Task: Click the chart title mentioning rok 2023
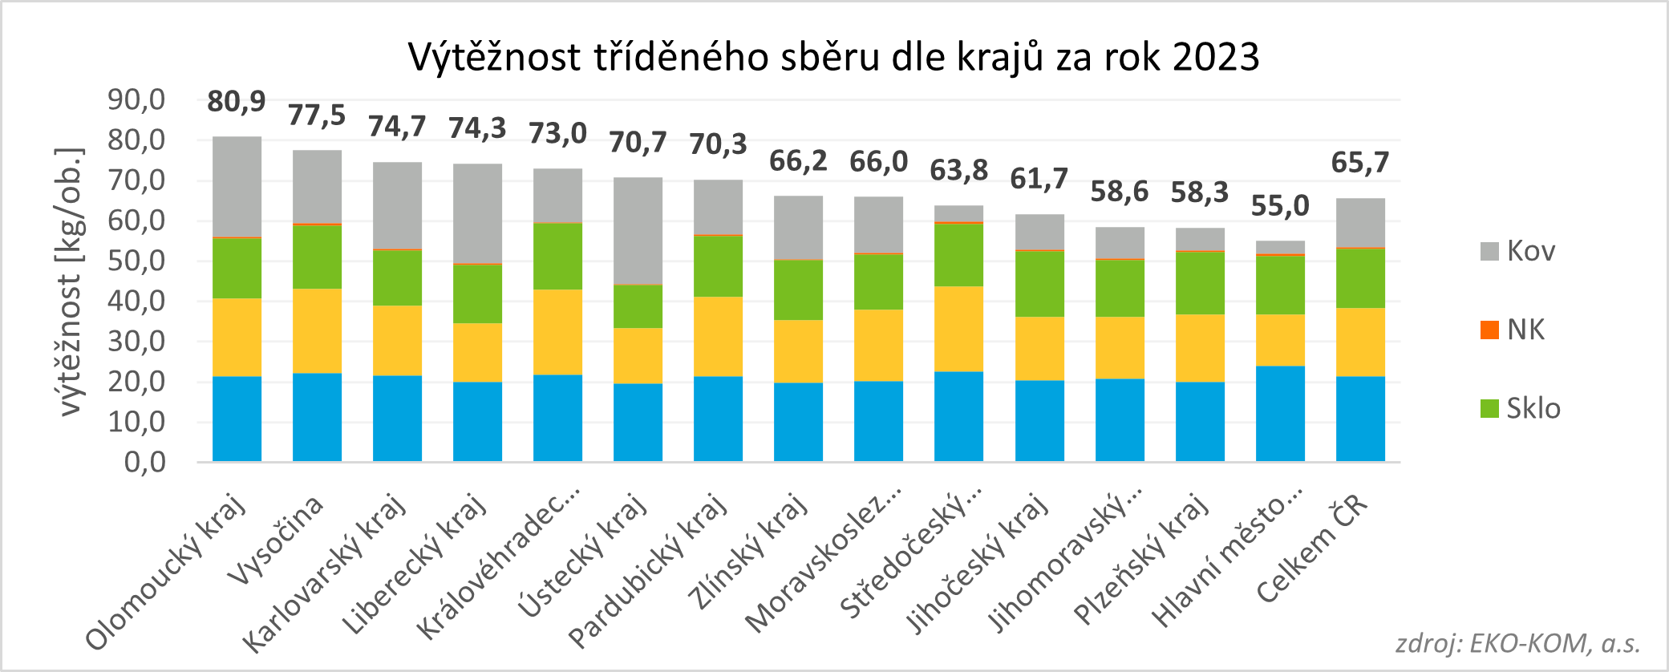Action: coord(833,58)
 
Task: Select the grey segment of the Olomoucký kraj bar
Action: coord(237,186)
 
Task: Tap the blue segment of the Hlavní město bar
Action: coord(1280,413)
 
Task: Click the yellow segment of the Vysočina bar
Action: coord(317,330)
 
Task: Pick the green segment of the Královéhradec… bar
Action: coord(557,256)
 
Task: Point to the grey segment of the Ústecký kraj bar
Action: coord(638,230)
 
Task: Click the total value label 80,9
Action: coord(236,102)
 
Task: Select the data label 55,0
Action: coord(1279,206)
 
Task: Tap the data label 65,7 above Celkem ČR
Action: coord(1359,163)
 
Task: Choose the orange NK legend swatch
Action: coord(1489,330)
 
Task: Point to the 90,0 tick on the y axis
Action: coord(136,100)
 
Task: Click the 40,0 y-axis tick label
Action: coord(136,302)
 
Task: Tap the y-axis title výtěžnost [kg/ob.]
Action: coord(71,281)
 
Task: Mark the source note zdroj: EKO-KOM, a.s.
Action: coord(1517,643)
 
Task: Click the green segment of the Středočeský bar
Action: coord(958,254)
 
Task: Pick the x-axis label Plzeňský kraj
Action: coord(1142,558)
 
